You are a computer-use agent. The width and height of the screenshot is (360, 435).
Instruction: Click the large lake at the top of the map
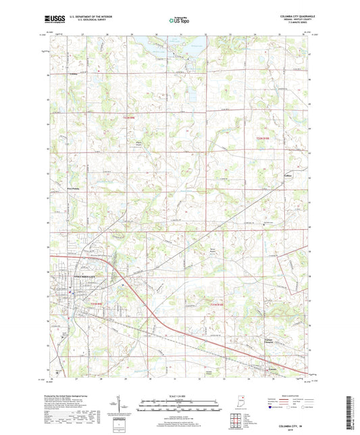point(162,49)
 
